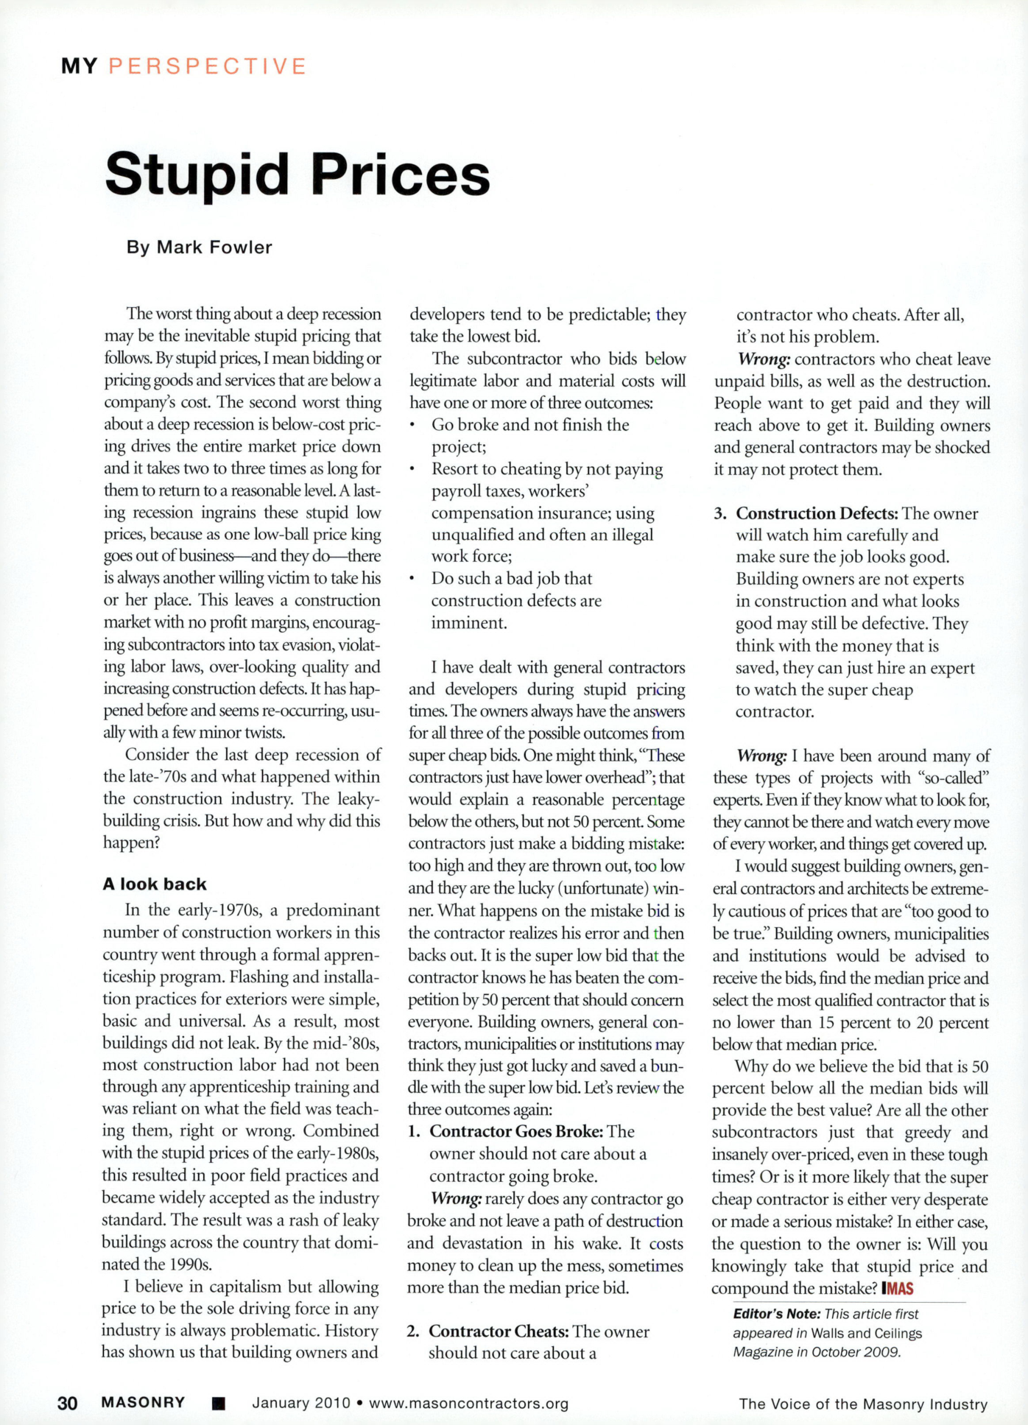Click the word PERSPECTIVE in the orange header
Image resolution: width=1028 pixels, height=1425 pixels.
[x=207, y=66]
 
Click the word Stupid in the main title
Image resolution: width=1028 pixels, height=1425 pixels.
[x=197, y=175]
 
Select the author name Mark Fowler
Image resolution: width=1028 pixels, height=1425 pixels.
[x=214, y=247]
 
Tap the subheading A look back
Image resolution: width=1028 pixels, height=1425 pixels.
[x=155, y=884]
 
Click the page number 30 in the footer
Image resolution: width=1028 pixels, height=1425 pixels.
[x=68, y=1403]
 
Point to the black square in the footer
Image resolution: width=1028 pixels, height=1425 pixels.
[x=217, y=1404]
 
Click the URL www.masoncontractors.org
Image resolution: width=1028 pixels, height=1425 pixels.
[x=468, y=1403]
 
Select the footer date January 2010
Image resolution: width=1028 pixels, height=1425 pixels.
[x=301, y=1403]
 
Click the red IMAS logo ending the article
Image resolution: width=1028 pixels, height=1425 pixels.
[x=897, y=1288]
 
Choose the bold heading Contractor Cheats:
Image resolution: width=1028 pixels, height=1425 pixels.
[x=499, y=1331]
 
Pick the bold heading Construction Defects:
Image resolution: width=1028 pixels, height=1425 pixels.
[x=817, y=513]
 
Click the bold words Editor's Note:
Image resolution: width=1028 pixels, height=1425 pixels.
[x=776, y=1314]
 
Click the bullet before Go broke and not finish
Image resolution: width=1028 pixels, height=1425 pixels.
[x=413, y=426]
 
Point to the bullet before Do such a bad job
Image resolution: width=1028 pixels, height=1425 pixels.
[x=413, y=580]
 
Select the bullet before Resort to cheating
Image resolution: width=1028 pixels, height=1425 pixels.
[x=413, y=470]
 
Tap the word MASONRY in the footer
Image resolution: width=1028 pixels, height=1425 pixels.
[x=143, y=1402]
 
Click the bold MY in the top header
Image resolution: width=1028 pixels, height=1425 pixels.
[x=80, y=66]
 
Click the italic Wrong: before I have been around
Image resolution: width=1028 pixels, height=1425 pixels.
[x=762, y=756]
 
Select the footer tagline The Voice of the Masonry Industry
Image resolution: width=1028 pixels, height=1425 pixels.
[x=863, y=1404]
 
